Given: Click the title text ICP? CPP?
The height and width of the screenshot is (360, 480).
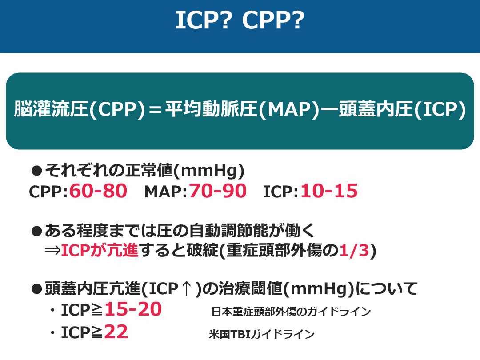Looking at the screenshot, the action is pyautogui.click(x=240, y=20).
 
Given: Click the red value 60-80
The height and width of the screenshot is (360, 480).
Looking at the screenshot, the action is pyautogui.click(x=98, y=191).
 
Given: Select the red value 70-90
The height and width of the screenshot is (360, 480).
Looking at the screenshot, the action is pyautogui.click(x=218, y=191).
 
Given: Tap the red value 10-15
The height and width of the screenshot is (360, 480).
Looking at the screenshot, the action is pyautogui.click(x=329, y=191).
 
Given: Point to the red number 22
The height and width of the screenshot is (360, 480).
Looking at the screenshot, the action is pyautogui.click(x=116, y=332).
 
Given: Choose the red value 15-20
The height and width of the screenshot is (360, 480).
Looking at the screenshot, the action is pyautogui.click(x=133, y=309).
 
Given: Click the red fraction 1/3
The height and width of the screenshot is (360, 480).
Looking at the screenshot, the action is pyautogui.click(x=354, y=250).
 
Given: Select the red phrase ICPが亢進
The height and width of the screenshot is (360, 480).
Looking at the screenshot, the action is pyautogui.click(x=100, y=250).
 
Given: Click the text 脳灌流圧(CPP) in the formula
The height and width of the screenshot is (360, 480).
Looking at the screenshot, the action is pyautogui.click(x=80, y=109).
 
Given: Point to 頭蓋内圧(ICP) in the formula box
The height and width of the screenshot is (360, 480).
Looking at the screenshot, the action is pyautogui.click(x=402, y=109).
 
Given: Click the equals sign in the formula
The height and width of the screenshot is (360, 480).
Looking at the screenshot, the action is pyautogui.click(x=155, y=110).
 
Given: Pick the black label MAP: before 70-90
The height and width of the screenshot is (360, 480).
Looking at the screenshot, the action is pyautogui.click(x=166, y=192).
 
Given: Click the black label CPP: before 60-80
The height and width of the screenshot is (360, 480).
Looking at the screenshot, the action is pyautogui.click(x=48, y=192).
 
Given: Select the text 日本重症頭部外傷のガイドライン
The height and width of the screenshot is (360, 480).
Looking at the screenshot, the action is pyautogui.click(x=291, y=312).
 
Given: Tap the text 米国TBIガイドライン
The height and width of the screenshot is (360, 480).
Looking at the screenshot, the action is pyautogui.click(x=262, y=334).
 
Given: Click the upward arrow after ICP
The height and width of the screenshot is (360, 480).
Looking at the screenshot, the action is pyautogui.click(x=186, y=289).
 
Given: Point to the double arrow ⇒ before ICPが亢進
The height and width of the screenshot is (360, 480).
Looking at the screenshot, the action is pyautogui.click(x=52, y=250).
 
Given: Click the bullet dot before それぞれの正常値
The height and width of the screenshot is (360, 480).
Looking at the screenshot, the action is pyautogui.click(x=36, y=171).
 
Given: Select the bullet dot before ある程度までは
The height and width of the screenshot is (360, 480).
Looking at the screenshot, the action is pyautogui.click(x=36, y=232).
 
